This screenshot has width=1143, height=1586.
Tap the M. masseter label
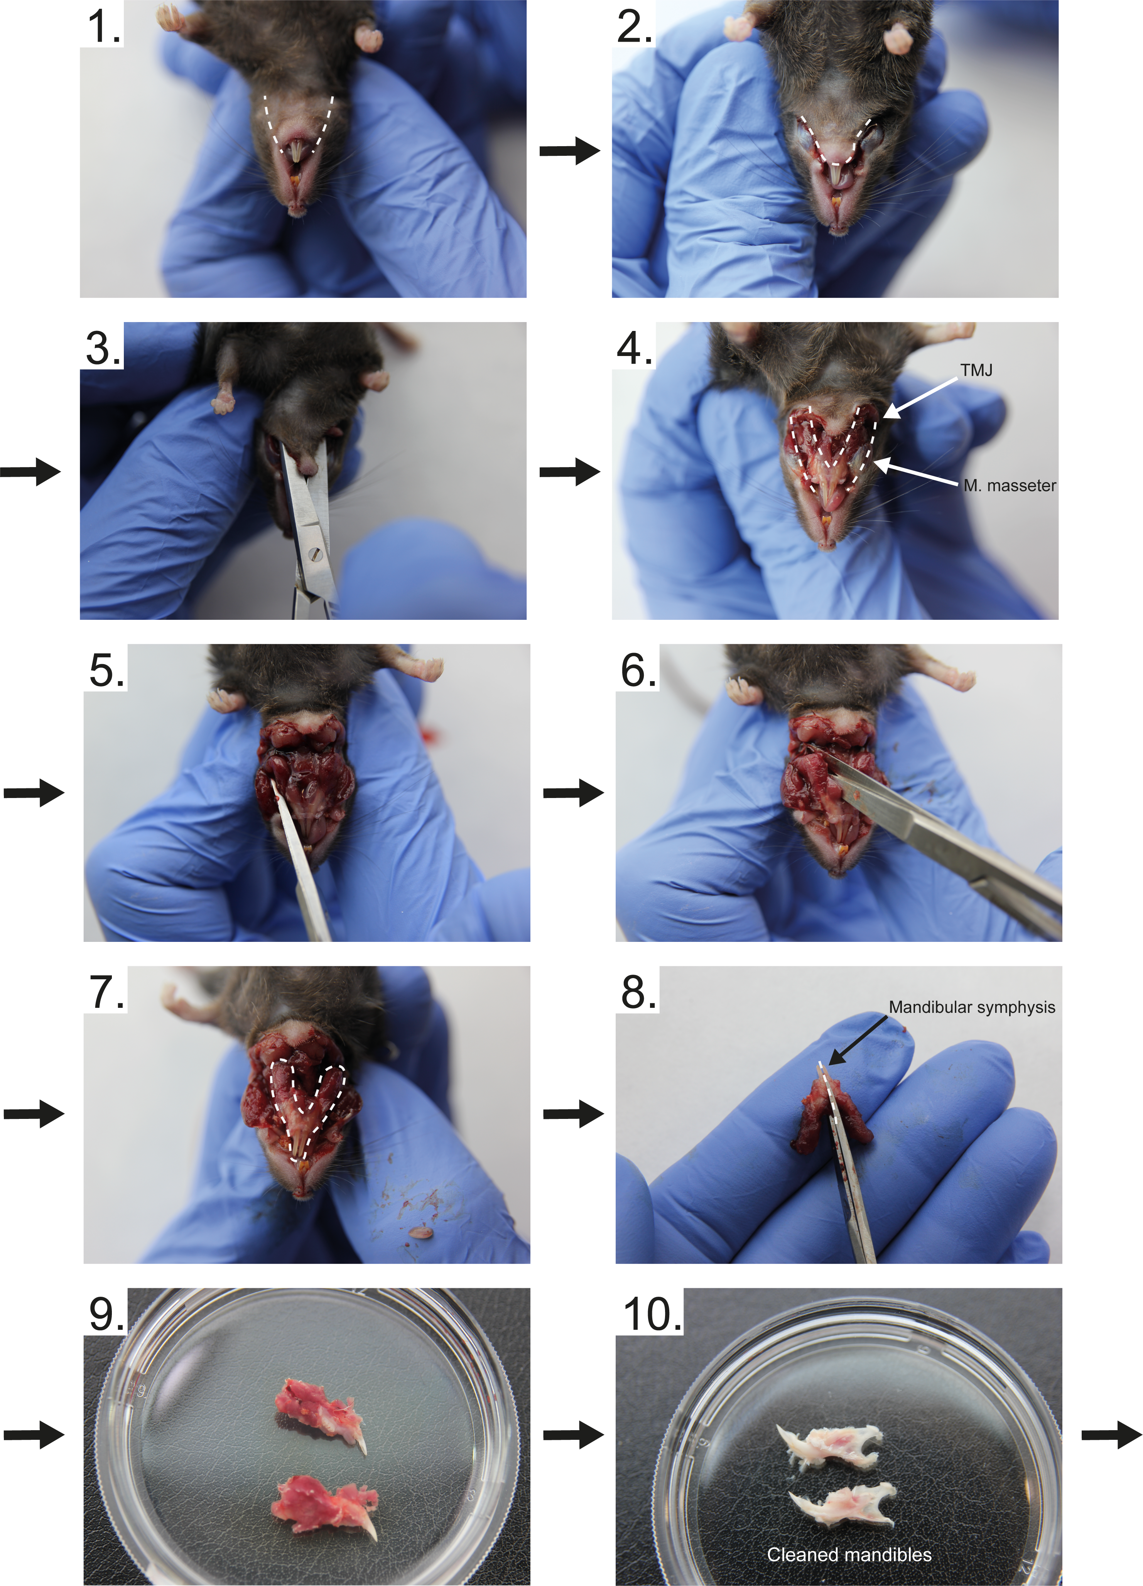pyautogui.click(x=1010, y=485)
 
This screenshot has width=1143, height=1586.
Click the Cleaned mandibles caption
pyautogui.click(x=849, y=1554)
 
